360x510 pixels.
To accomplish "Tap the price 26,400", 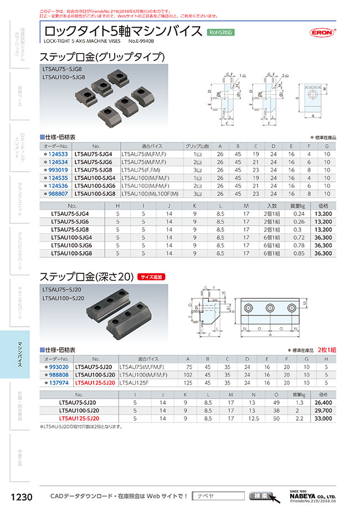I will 322,403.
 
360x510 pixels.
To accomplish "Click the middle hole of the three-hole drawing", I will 271,308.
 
